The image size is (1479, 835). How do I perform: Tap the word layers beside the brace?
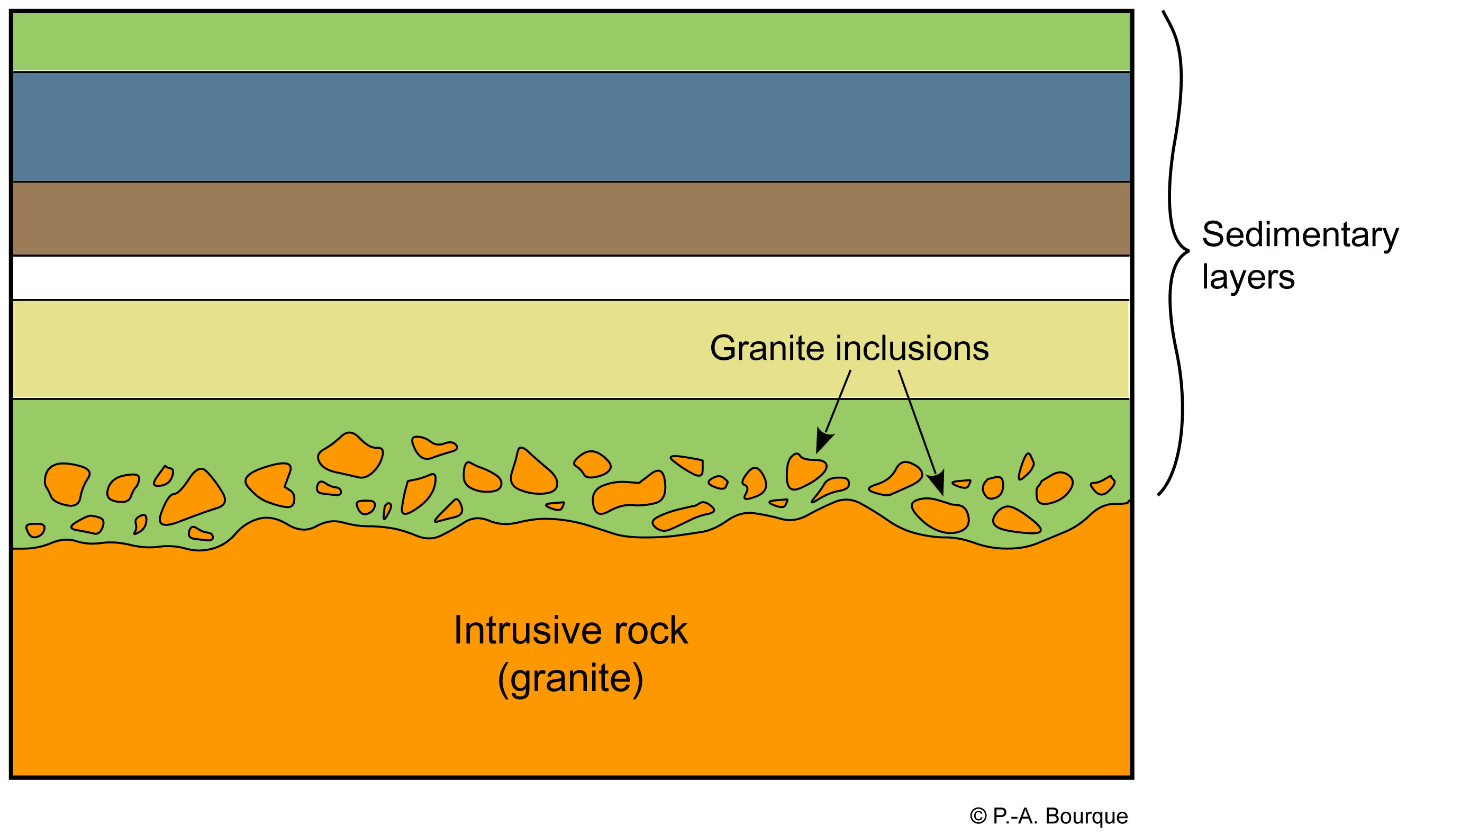pyautogui.click(x=1248, y=277)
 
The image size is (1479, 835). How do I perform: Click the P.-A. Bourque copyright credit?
pyautogui.click(x=1048, y=816)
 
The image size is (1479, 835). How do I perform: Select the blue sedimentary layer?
pyautogui.click(x=571, y=126)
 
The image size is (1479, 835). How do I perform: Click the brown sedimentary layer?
pyautogui.click(x=571, y=218)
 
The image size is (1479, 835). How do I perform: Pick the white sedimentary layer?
pyautogui.click(x=571, y=277)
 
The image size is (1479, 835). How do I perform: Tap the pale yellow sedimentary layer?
pyautogui.click(x=402, y=349)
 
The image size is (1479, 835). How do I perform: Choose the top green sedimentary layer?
pyautogui.click(x=571, y=41)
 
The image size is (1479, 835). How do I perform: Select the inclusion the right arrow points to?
pyautogui.click(x=940, y=515)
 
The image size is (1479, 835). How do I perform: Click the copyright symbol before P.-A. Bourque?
pyautogui.click(x=978, y=816)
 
